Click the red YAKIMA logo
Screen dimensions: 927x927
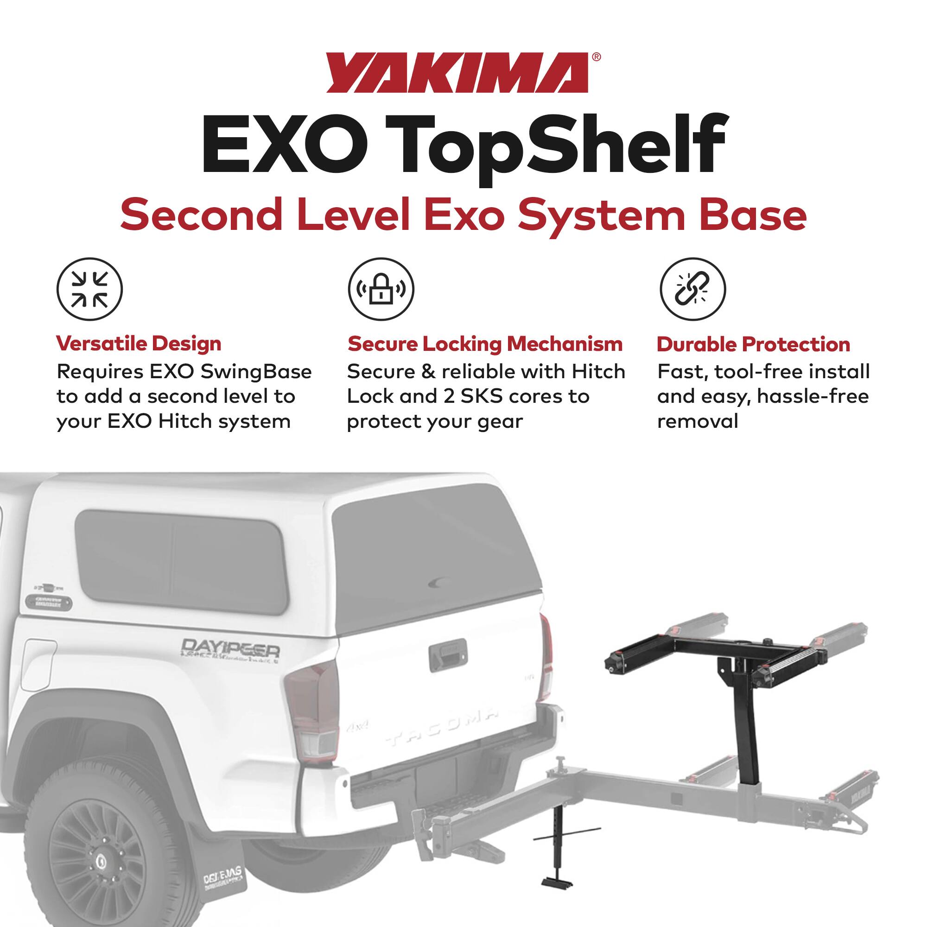pos(457,73)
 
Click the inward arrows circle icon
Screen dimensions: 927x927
pos(90,290)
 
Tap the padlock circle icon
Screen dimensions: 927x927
pos(381,290)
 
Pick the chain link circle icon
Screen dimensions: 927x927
pos(693,290)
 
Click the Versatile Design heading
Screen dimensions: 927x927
pos(139,344)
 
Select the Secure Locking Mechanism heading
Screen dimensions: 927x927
pos(485,344)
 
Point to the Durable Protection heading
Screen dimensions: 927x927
pos(753,344)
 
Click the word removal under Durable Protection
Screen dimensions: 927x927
pos(697,422)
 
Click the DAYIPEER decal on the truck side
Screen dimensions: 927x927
pos(230,649)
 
